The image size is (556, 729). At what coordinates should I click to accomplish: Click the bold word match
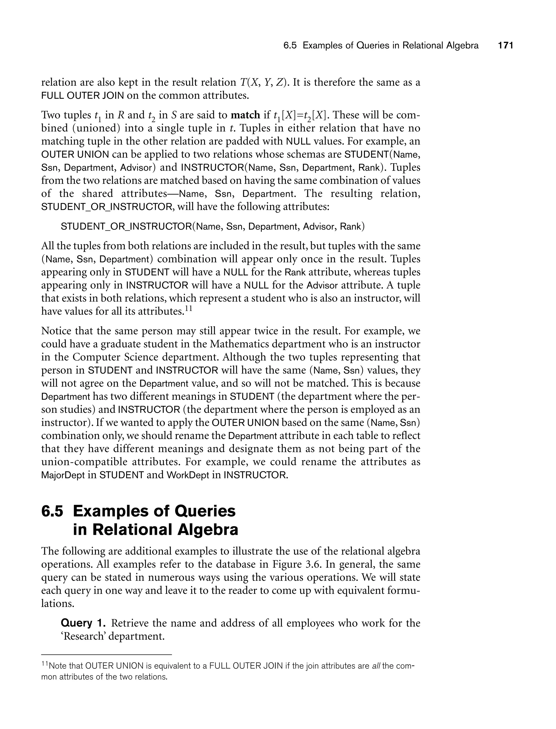coord(245,115)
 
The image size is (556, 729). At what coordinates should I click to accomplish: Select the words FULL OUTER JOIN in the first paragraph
coord(83,96)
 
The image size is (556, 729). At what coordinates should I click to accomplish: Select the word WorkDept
coord(188,475)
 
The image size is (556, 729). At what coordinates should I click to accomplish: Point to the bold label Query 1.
coord(83,623)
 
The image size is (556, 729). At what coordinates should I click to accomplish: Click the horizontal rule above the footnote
coord(107,655)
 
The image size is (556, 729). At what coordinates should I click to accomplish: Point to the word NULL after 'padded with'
coord(298,141)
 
